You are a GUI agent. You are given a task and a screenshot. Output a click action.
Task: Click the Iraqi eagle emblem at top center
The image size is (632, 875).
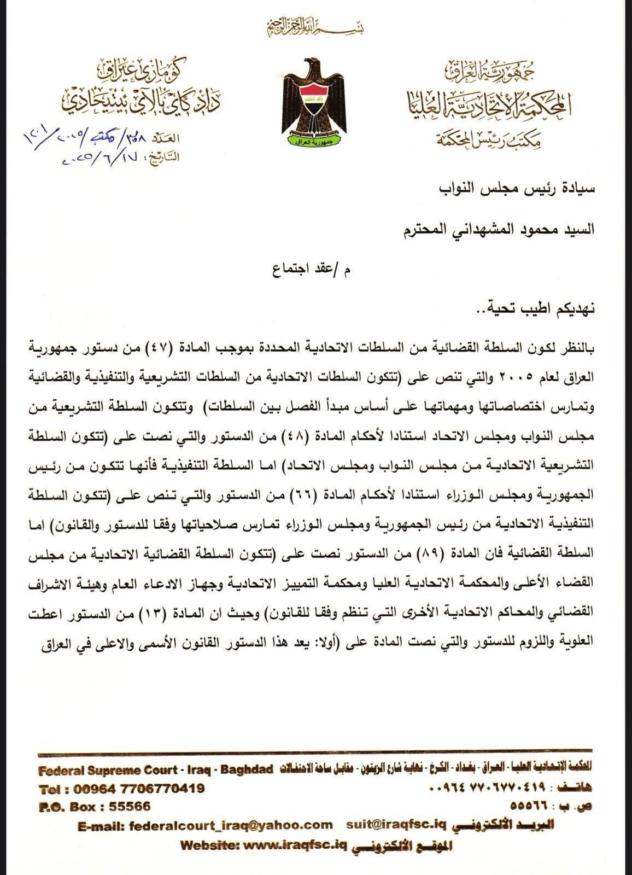pos(314,102)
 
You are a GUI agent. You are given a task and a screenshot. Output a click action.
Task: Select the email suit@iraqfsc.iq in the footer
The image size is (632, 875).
pos(396,825)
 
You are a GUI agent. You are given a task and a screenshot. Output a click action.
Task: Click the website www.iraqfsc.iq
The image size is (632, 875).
pos(295,844)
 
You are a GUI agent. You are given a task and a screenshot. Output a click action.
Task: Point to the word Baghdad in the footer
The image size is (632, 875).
pos(247,769)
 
